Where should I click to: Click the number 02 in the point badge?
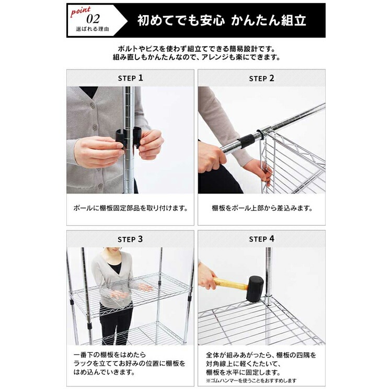pyautogui.click(x=93, y=19)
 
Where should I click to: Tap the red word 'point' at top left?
pyautogui.click(x=80, y=11)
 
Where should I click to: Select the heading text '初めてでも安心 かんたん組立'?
pyautogui.click(x=222, y=20)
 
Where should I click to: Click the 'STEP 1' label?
pyautogui.click(x=130, y=78)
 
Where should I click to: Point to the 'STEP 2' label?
pyautogui.click(x=261, y=78)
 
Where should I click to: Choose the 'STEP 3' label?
pyautogui.click(x=130, y=239)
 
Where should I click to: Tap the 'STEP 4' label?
pyautogui.click(x=261, y=239)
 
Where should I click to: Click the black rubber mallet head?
pyautogui.click(x=255, y=289)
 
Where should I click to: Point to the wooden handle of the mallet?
pyautogui.click(x=230, y=284)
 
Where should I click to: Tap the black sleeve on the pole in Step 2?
pyautogui.click(x=246, y=141)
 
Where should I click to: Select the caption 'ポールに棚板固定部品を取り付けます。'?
pyautogui.click(x=130, y=208)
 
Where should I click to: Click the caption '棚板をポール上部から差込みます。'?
pyautogui.click(x=262, y=208)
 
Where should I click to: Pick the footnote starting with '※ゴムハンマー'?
pyautogui.click(x=251, y=381)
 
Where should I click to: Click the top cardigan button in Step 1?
pyautogui.click(x=93, y=105)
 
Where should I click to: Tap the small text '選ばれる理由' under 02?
pyautogui.click(x=93, y=29)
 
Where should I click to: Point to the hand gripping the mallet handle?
pyautogui.click(x=206, y=276)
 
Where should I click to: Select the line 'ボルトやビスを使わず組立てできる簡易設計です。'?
pyautogui.click(x=197, y=48)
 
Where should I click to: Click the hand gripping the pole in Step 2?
pyautogui.click(x=210, y=157)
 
